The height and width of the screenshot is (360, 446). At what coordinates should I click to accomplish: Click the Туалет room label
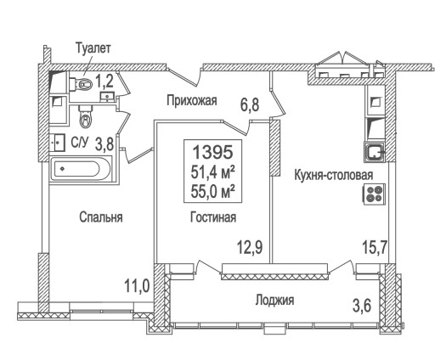(x=93, y=49)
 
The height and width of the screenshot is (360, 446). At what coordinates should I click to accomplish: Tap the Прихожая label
(x=192, y=100)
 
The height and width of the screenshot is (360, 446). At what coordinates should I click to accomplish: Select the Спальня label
(x=101, y=217)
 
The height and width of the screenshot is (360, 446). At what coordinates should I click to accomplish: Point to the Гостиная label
(x=213, y=217)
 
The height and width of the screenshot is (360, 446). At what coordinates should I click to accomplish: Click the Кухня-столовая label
(x=333, y=175)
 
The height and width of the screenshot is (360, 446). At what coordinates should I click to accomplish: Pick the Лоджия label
(x=274, y=300)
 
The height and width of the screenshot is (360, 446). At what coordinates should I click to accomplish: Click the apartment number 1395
(x=213, y=152)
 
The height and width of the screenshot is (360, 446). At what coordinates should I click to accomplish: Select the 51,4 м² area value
(x=213, y=172)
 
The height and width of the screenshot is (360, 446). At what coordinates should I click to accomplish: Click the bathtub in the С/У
(x=81, y=170)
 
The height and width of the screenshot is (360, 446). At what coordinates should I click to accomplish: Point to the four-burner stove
(x=374, y=194)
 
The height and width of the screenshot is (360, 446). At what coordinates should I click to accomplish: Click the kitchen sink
(x=375, y=152)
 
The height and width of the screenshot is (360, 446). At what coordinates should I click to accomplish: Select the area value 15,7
(x=375, y=247)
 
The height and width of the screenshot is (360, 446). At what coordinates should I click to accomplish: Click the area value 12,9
(x=251, y=247)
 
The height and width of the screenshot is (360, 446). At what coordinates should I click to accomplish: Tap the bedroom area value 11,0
(x=137, y=285)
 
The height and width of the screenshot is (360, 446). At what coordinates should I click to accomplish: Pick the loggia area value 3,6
(x=362, y=307)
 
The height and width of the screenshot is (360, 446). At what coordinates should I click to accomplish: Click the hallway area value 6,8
(x=250, y=104)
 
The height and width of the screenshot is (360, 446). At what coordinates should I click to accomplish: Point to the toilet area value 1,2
(x=104, y=82)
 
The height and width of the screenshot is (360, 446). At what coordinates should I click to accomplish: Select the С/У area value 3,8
(x=104, y=143)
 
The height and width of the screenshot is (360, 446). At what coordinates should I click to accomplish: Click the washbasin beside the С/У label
(x=58, y=142)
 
